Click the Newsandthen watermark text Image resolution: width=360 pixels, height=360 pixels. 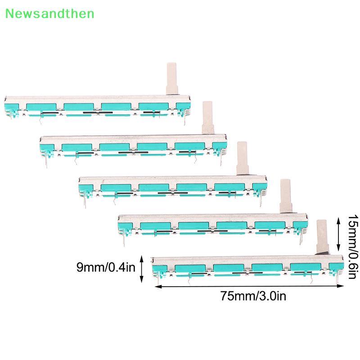[49, 13]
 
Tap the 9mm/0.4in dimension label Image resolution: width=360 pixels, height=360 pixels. [106, 267]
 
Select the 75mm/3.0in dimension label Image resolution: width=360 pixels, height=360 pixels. [253, 296]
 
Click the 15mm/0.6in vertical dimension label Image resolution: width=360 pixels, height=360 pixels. [353, 247]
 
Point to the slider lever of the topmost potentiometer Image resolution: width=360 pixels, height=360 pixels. [172, 78]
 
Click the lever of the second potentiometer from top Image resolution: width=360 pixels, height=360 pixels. [208, 117]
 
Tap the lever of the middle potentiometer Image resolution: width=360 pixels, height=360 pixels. [243, 158]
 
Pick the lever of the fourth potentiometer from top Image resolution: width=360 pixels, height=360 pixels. [286, 196]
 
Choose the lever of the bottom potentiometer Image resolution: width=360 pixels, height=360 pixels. [322, 237]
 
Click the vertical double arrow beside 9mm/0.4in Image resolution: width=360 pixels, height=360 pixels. [141, 269]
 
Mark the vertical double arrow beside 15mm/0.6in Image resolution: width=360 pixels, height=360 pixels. [338, 234]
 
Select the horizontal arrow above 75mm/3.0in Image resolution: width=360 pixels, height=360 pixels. [249, 286]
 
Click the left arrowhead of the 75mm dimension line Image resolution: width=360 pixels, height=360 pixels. [157, 286]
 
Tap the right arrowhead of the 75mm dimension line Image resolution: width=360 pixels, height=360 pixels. [342, 286]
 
